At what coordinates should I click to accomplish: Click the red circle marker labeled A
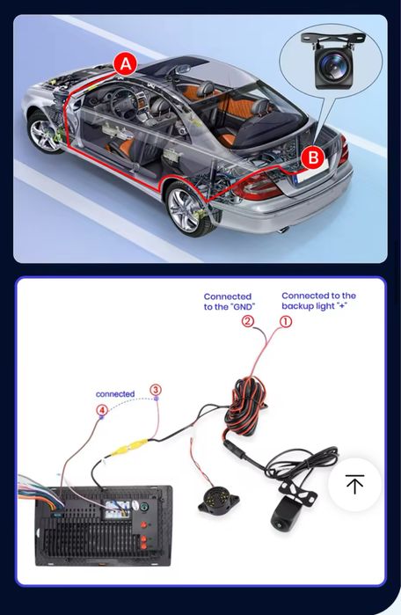click(x=126, y=63)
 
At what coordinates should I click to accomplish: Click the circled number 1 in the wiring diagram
click(x=286, y=322)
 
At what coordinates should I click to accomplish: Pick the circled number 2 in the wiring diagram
click(x=248, y=322)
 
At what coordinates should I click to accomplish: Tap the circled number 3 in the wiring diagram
click(x=156, y=389)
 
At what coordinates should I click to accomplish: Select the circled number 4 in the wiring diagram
click(x=102, y=410)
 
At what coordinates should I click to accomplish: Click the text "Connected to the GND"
click(x=228, y=302)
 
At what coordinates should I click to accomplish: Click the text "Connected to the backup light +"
click(x=318, y=301)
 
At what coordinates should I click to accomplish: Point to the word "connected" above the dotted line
click(x=115, y=393)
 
